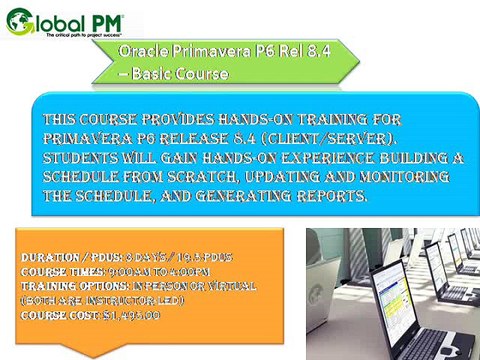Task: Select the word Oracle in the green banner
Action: click(x=139, y=53)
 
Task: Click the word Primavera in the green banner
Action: click(x=197, y=53)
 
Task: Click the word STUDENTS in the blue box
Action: click(x=83, y=158)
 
